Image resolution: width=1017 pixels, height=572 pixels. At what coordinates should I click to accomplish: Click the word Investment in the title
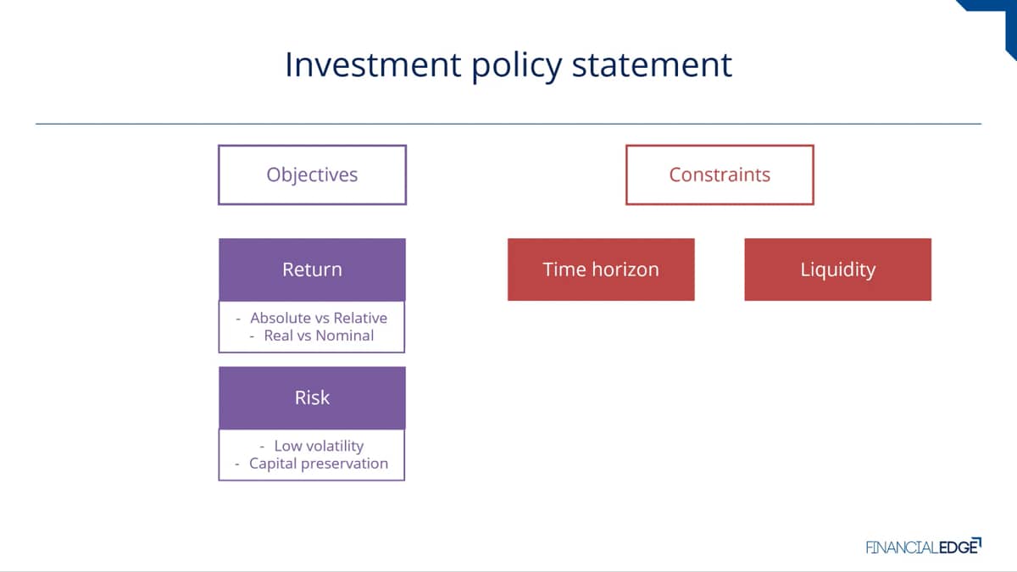click(x=373, y=65)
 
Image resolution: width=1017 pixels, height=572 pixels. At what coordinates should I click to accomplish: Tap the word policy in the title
click(x=517, y=67)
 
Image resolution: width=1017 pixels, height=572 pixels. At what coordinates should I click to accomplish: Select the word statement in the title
click(x=652, y=65)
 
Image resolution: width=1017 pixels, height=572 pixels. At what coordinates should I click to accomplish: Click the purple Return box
click(x=313, y=269)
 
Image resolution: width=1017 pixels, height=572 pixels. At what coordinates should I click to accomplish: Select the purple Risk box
click(x=313, y=397)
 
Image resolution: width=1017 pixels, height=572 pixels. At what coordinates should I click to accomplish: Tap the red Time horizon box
click(x=601, y=269)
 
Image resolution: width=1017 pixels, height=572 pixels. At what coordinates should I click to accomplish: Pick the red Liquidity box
click(x=837, y=269)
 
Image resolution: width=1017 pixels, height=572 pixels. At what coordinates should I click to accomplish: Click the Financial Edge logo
click(x=924, y=546)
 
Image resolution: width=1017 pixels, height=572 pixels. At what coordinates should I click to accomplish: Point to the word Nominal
click(x=345, y=336)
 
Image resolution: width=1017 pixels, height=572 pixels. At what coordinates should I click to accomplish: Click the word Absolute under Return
click(x=276, y=318)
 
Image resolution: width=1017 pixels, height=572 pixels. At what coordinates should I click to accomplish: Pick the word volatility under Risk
click(x=335, y=446)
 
